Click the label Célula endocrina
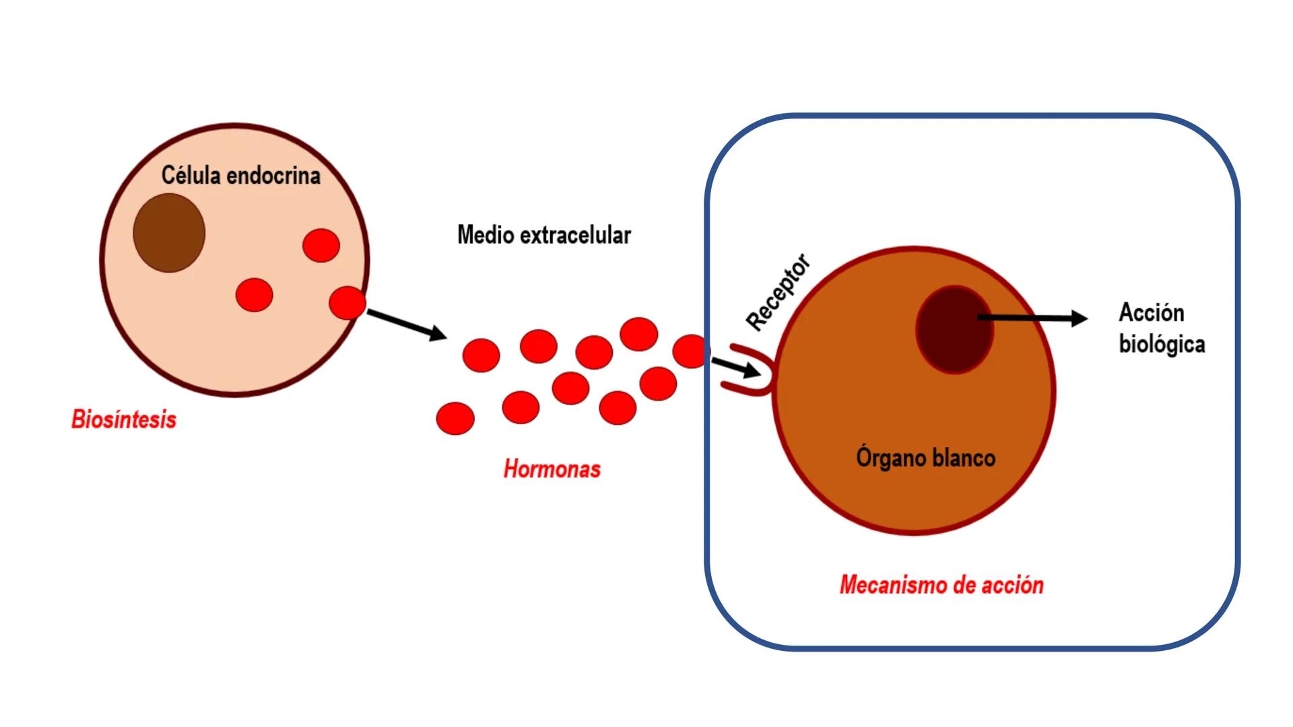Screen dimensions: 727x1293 240,176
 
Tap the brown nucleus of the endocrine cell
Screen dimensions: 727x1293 169,233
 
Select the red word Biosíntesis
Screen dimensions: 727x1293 124,419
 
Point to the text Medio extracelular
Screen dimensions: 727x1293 543,235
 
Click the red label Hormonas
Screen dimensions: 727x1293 552,469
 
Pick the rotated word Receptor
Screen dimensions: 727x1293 778,292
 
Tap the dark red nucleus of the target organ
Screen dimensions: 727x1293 954,329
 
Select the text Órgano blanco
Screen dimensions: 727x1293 925,458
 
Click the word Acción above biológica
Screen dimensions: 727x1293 1151,313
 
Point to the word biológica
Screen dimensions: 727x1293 1162,344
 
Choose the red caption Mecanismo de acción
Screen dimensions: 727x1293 941,585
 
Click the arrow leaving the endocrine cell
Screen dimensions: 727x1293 406,324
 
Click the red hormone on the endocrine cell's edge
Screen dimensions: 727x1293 347,302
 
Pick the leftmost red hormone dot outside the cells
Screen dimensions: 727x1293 455,418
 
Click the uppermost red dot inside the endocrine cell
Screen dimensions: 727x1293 321,245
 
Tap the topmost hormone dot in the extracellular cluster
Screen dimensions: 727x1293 638,334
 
